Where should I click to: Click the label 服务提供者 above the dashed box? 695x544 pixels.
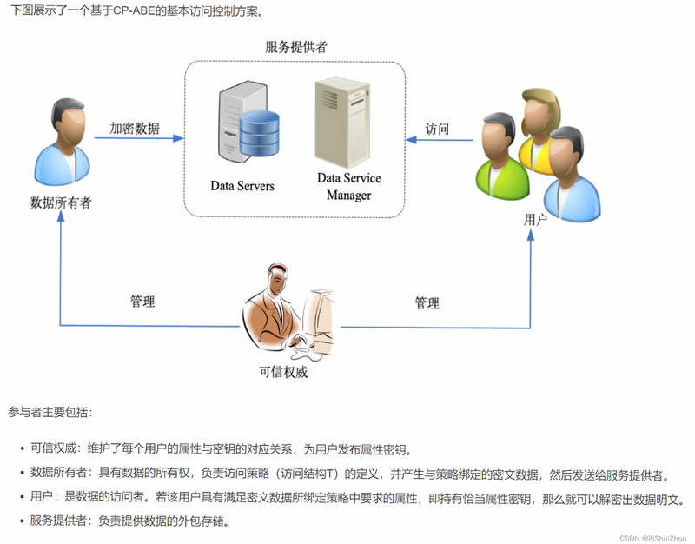click(x=296, y=47)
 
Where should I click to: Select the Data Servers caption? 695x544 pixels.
click(x=242, y=186)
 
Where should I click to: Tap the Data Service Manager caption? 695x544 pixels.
click(x=349, y=187)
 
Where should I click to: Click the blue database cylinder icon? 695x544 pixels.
click(x=259, y=134)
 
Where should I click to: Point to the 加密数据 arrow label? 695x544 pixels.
click(x=135, y=129)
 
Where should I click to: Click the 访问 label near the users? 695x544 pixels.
click(x=437, y=129)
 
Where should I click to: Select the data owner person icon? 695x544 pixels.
click(x=63, y=142)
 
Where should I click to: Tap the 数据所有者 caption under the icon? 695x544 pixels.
click(x=61, y=202)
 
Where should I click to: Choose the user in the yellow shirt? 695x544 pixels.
click(x=539, y=129)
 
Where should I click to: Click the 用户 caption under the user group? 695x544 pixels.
click(x=535, y=220)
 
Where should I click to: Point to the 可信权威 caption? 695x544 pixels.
click(x=283, y=372)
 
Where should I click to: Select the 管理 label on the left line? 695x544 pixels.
click(x=142, y=302)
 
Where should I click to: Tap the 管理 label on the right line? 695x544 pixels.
click(x=427, y=303)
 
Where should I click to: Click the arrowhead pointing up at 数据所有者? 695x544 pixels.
click(x=61, y=216)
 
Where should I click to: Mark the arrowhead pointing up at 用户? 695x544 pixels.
click(x=531, y=235)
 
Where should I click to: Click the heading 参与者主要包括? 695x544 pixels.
click(x=50, y=412)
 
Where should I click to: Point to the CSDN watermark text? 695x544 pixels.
click(x=653, y=538)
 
